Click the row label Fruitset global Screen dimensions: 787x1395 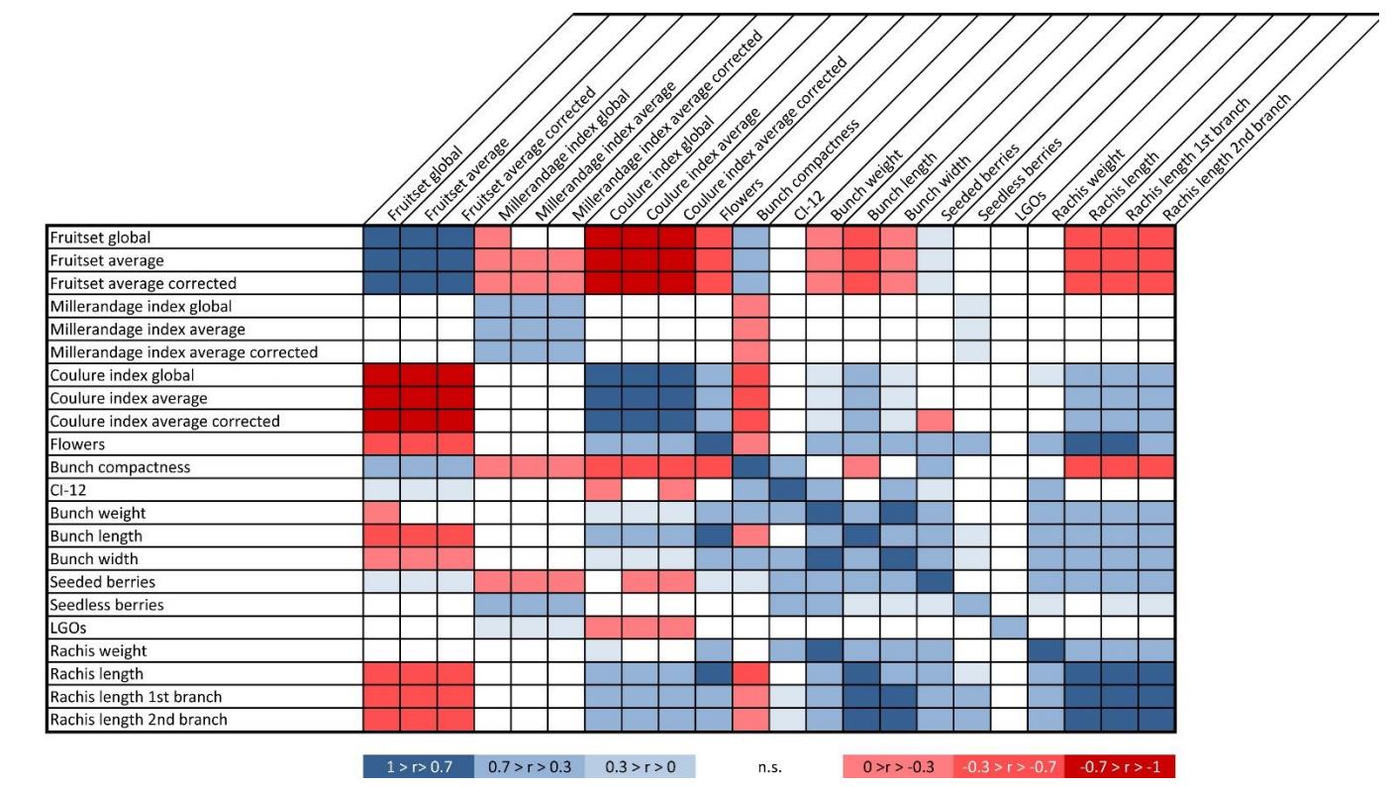tap(98, 238)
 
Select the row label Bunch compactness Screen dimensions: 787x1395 tap(119, 466)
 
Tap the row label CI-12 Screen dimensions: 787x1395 tap(70, 489)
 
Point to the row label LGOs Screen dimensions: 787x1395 tap(68, 628)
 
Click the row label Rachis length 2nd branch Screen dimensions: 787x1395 tap(139, 720)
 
